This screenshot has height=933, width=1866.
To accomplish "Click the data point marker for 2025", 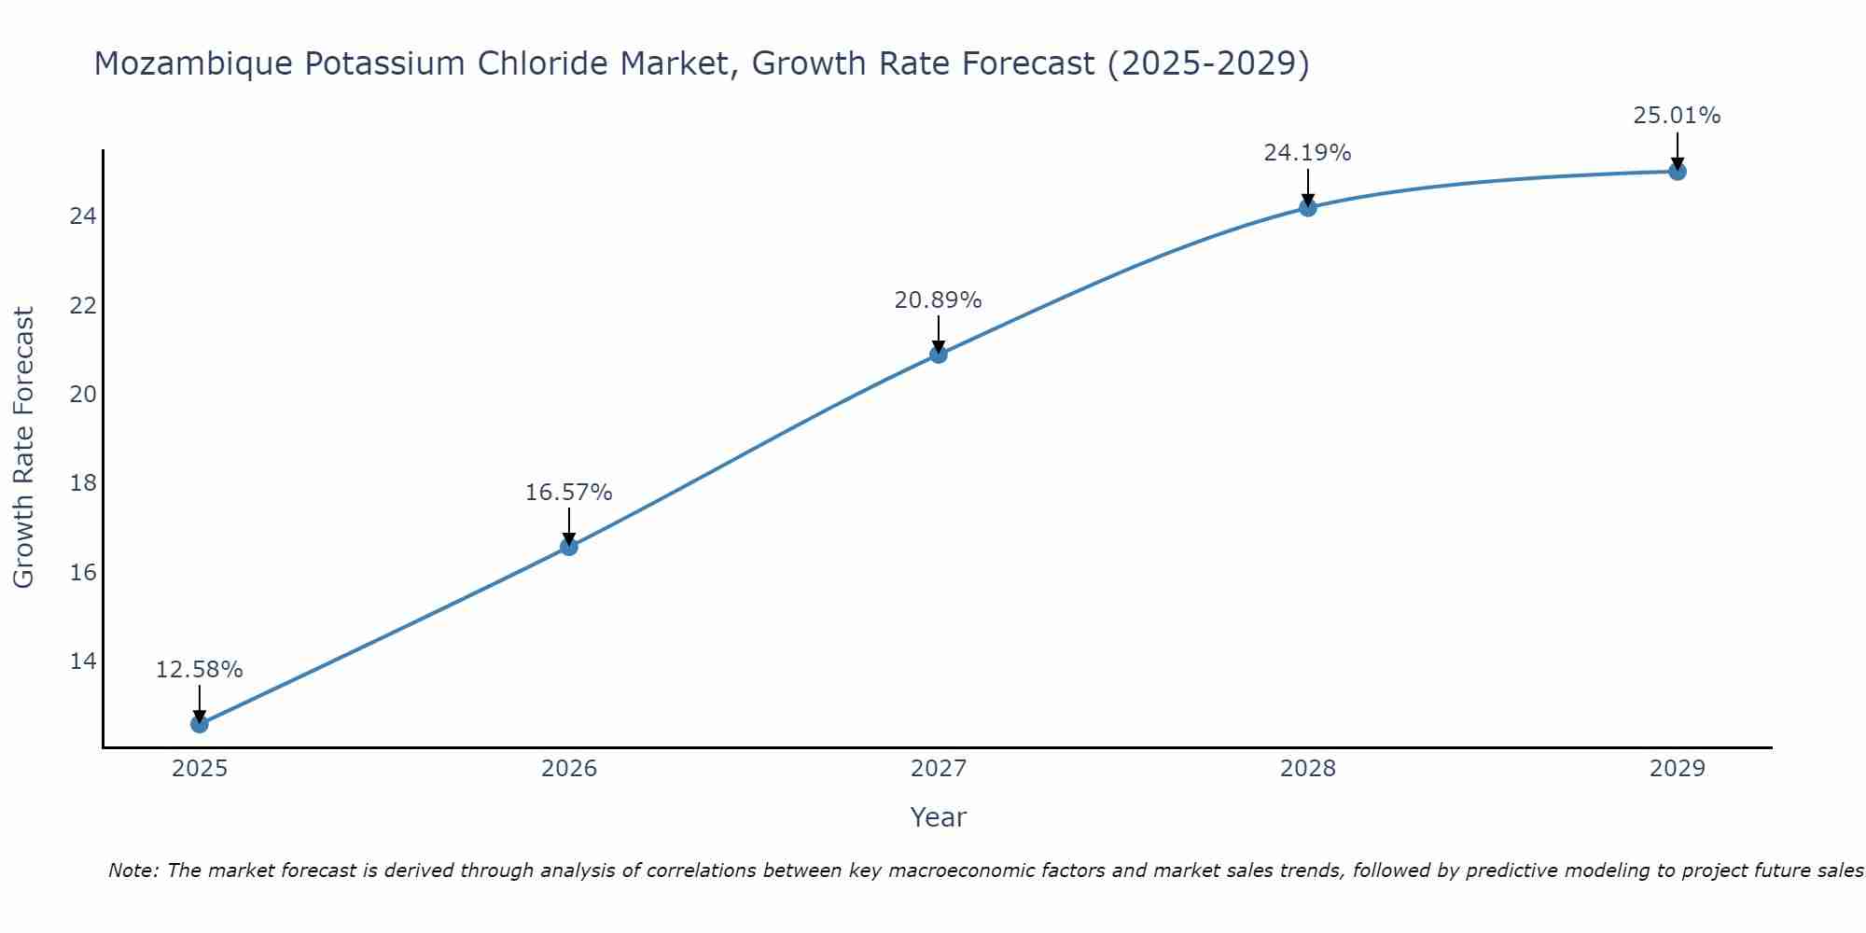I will point(199,724).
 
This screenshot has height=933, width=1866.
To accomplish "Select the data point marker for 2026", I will point(568,547).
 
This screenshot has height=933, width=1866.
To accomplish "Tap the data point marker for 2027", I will point(938,355).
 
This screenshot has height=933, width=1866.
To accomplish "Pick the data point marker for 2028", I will point(1307,208).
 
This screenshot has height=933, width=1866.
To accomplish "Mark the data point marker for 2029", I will point(1677,172).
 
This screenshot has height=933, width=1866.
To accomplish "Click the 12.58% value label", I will point(199,670).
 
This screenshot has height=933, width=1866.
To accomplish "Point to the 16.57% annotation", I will point(568,493).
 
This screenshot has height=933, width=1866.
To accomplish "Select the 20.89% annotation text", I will point(938,300).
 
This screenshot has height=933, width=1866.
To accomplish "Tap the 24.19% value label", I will point(1307,153).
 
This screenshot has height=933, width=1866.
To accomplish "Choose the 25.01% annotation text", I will point(1677,116).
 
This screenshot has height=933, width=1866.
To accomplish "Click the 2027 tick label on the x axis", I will point(938,769).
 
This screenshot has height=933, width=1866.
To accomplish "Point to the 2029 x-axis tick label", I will point(1677,769).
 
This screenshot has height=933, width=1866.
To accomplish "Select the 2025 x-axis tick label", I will point(200,769).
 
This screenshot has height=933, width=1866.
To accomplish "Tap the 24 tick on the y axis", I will point(83,216).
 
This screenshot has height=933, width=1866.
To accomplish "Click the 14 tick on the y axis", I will point(83,661).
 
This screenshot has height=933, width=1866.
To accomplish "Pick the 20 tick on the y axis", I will point(83,395).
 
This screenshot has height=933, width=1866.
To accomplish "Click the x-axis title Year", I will point(938,817).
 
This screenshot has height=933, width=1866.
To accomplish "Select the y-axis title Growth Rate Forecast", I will point(24,448).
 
